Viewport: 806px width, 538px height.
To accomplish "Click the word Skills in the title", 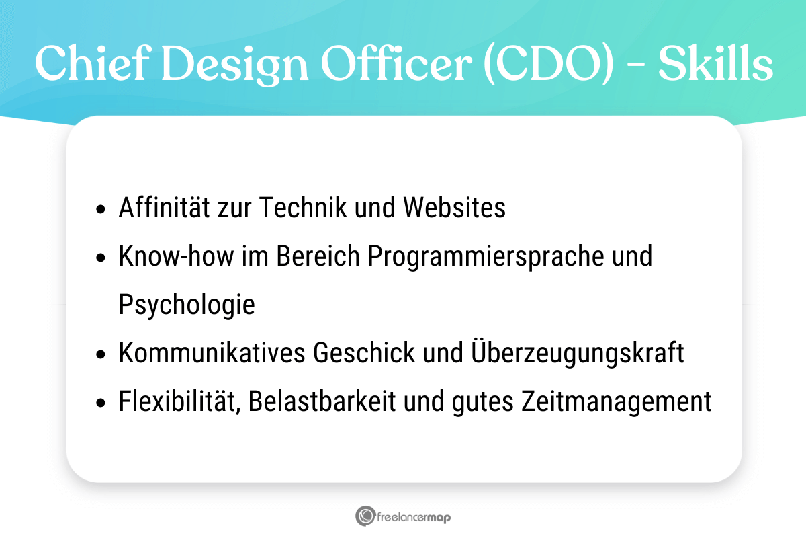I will tap(715, 65).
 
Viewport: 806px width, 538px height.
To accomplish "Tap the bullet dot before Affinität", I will tap(101, 209).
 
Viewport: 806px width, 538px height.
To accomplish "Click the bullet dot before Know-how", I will tap(101, 258).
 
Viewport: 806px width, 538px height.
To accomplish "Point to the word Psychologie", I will tap(187, 305).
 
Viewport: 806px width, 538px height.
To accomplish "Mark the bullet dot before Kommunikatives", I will tap(101, 354).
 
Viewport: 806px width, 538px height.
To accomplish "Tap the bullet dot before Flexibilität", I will tap(101, 403).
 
